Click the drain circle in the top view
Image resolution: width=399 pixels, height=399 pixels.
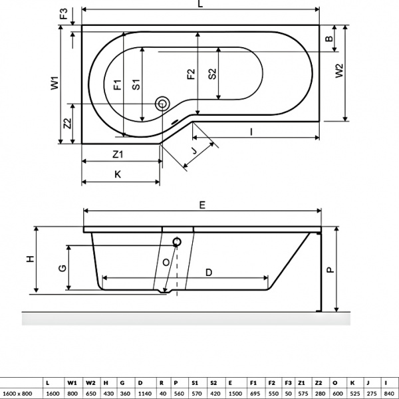pos(162,103)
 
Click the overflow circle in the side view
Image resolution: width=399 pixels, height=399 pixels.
pos(178,243)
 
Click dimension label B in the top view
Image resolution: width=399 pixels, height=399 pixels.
pos(328,40)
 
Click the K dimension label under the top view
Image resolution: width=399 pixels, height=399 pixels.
pos(117,174)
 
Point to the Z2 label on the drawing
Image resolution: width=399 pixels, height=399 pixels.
pos(67,124)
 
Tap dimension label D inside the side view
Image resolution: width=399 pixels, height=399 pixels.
pos(208,272)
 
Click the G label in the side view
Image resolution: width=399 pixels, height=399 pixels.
pos(61,268)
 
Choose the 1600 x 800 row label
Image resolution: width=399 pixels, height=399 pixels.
pos(19,394)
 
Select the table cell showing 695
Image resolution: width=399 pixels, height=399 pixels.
pos(253,394)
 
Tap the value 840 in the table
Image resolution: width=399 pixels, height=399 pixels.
pos(388,394)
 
